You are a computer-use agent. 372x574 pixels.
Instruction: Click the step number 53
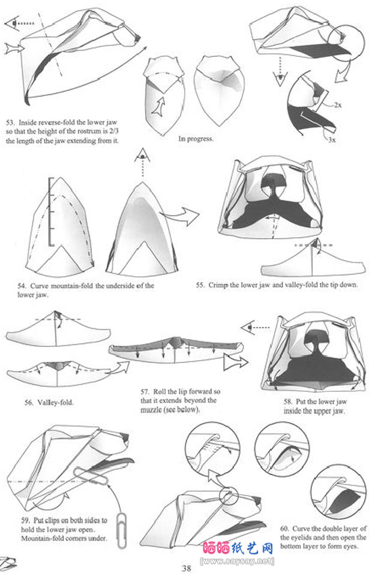tap(10, 123)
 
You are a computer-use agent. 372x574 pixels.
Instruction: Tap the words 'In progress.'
tap(196, 139)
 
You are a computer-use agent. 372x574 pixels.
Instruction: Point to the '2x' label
tap(338, 105)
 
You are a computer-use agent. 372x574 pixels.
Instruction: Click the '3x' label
tap(332, 140)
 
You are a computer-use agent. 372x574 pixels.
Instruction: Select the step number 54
tap(22, 286)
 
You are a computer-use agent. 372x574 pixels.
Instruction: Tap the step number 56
tap(29, 402)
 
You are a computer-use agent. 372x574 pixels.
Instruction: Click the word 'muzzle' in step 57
tap(151, 410)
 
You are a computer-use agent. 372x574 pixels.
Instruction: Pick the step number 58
tap(288, 401)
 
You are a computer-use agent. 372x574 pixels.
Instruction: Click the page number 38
tap(186, 568)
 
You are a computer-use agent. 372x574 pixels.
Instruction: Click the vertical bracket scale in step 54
tap(50, 212)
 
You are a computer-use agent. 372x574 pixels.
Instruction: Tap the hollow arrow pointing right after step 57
tap(235, 362)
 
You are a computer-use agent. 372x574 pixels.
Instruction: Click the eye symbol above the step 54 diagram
tap(143, 156)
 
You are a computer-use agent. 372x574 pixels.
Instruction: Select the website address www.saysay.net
tap(237, 561)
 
